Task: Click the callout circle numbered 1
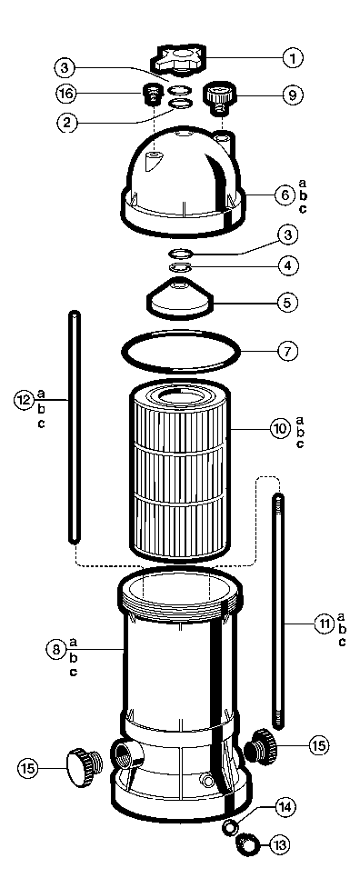292,58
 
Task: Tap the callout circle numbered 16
65,94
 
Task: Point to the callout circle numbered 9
292,95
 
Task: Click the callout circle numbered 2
66,124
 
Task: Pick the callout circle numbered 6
285,195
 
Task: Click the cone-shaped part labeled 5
179,295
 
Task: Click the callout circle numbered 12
25,400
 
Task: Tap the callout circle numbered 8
55,651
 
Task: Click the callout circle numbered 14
285,806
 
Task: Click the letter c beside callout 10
301,444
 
